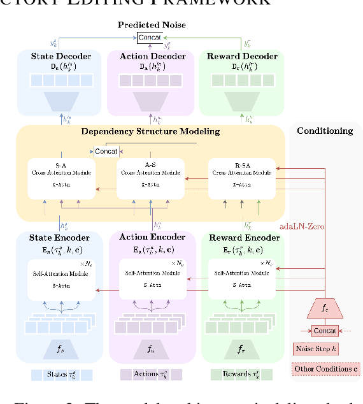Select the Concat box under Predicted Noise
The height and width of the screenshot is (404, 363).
tap(151, 38)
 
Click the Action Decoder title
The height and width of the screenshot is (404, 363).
tap(151, 56)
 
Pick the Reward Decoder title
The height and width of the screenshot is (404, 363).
tap(242, 56)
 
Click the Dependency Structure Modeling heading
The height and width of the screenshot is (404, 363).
tap(150, 132)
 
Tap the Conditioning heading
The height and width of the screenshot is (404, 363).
tap(325, 131)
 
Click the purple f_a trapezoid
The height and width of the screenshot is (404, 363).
tap(151, 349)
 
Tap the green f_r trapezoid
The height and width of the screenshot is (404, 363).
tap(243, 349)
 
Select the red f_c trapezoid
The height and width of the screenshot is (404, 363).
tap(325, 309)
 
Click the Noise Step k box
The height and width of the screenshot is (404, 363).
tap(316, 349)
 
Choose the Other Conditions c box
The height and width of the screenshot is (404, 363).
tap(325, 369)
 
